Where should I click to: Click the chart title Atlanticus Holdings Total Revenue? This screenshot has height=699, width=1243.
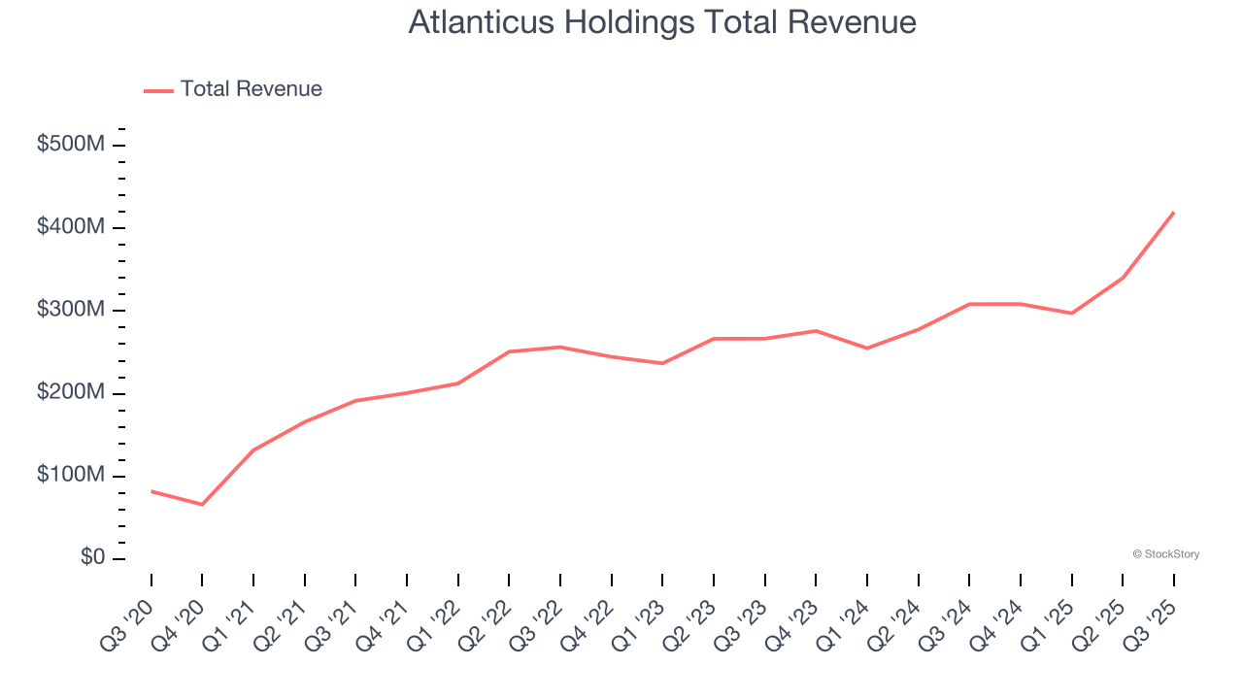pos(661,22)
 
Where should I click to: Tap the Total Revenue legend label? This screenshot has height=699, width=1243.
pos(251,89)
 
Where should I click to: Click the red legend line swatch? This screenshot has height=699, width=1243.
pos(158,90)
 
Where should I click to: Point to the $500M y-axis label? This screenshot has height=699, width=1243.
pos(71,145)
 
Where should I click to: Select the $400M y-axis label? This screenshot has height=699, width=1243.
pos(71,227)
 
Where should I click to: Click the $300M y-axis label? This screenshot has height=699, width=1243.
pos(71,310)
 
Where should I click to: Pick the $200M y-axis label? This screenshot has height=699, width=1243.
pos(71,392)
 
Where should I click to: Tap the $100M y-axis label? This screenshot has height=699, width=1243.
pos(71,476)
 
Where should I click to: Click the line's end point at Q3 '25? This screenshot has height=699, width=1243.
pos(1174,212)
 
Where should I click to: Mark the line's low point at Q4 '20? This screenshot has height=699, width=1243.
pos(202,505)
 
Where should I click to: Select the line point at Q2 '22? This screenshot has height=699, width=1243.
pos(509,351)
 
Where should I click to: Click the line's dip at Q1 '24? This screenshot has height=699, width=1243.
pos(866,348)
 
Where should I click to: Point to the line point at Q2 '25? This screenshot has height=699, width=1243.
pos(1123,278)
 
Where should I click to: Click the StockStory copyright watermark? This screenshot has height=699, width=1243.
pos(1165,554)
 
